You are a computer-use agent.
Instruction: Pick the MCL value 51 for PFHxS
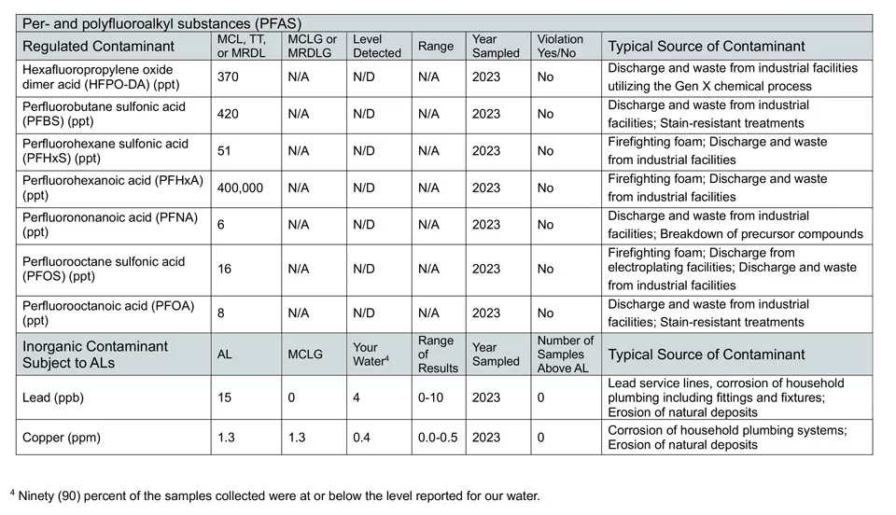pyautogui.click(x=225, y=151)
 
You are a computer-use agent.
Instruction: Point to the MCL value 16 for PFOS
pyautogui.click(x=225, y=269)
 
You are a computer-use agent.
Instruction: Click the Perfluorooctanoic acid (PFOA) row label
pyautogui.click(x=103, y=313)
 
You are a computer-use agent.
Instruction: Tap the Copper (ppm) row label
pyautogui.click(x=62, y=437)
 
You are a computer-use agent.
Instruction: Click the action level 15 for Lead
pyautogui.click(x=225, y=397)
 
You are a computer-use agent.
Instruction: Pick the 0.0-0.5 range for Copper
pyautogui.click(x=439, y=437)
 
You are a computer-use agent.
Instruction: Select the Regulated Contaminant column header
pyautogui.click(x=98, y=46)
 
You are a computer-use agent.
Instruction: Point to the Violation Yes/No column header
pyautogui.click(x=560, y=46)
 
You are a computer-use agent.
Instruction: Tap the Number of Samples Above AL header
pyautogui.click(x=566, y=355)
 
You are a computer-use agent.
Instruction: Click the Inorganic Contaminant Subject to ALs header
pyautogui.click(x=95, y=354)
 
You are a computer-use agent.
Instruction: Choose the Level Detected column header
pyautogui.click(x=377, y=46)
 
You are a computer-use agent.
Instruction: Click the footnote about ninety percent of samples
pyautogui.click(x=280, y=495)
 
